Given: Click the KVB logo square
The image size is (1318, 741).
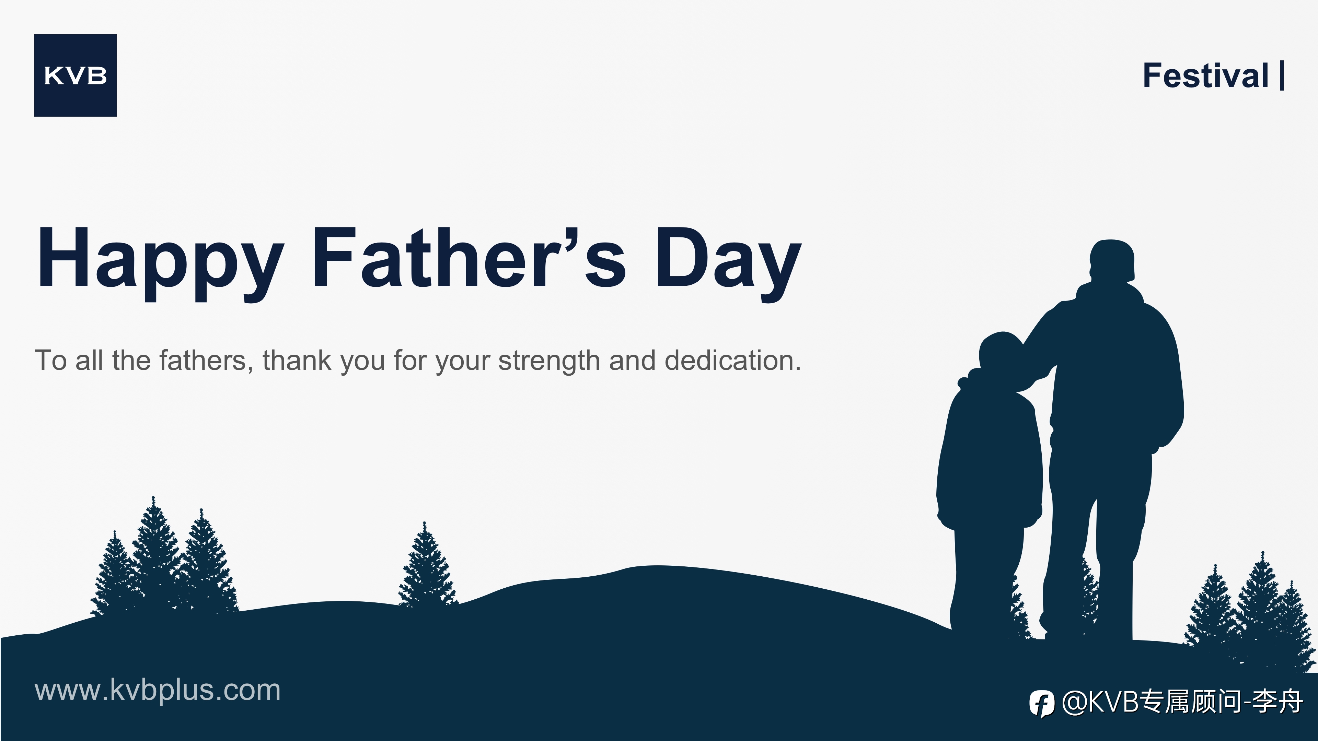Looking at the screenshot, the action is pyautogui.click(x=75, y=75).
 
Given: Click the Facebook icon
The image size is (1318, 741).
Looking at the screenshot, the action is pyautogui.click(x=1042, y=704).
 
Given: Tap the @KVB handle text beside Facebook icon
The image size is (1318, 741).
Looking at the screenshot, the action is pyautogui.click(x=1182, y=702).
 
